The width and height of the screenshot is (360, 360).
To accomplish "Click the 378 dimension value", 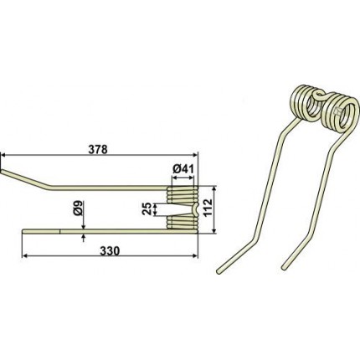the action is (98, 150).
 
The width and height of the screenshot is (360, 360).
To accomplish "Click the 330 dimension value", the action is (110, 251).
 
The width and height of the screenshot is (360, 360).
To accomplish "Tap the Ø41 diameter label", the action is (183, 169).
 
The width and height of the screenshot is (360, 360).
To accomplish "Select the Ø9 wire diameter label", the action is (79, 208).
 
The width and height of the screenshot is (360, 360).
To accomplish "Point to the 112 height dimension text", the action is (208, 208).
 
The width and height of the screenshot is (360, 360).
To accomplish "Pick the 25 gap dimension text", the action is (148, 208).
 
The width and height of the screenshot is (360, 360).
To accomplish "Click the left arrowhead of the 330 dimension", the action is (24, 255).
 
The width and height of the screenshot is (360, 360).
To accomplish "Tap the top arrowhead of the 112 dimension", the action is (214, 189).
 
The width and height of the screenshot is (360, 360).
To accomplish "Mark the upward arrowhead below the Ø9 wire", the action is (84, 237).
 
